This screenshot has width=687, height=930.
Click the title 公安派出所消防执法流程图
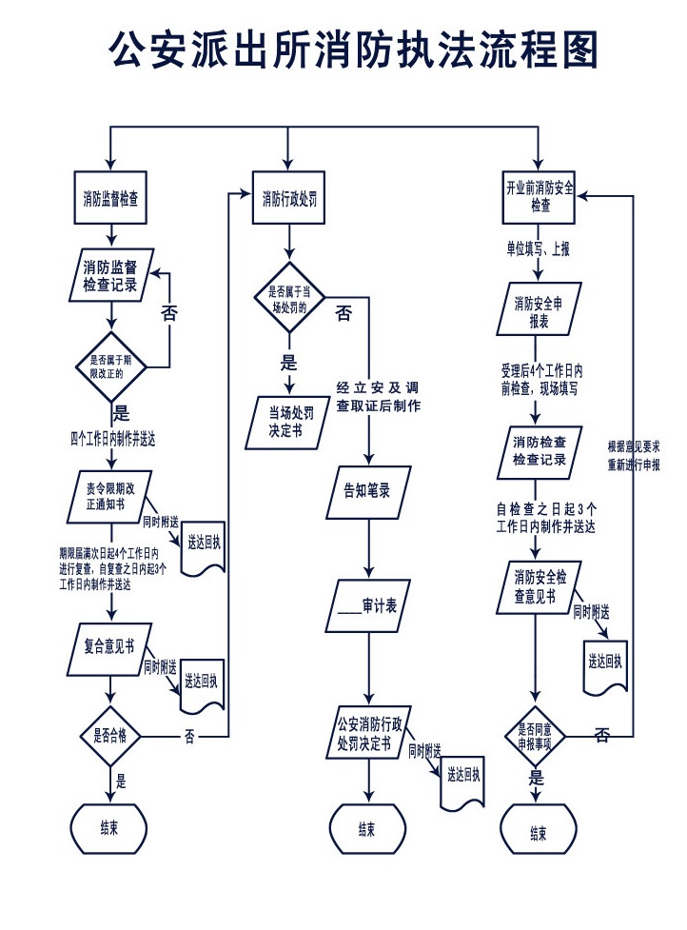point(353,49)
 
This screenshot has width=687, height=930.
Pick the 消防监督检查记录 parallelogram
point(110,275)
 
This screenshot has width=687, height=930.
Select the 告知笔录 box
point(367,492)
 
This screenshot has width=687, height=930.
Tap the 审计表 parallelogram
point(367,605)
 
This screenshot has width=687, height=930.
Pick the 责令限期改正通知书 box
point(110,495)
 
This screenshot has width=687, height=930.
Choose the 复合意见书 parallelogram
point(110,648)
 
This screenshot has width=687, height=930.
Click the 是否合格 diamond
point(111,735)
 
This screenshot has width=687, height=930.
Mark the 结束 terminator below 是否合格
point(109,826)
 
